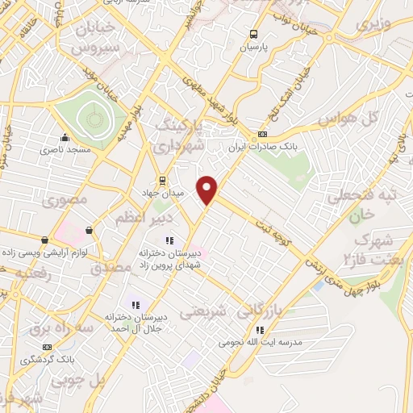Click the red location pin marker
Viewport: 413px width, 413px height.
tap(208, 189)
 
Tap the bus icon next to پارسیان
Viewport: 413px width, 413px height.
tap(254, 34)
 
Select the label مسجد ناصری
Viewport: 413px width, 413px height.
tap(66, 150)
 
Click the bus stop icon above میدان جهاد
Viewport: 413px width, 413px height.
tap(162, 180)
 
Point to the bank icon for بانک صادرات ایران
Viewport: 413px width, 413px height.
tap(262, 135)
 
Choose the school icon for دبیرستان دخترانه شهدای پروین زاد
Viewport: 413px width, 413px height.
tap(169, 240)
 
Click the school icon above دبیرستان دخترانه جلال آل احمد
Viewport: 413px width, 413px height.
tap(136, 305)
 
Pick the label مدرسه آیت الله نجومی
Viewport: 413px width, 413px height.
tap(259, 342)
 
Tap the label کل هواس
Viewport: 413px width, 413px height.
tap(359, 119)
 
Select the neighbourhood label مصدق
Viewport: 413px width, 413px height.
tap(112, 265)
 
